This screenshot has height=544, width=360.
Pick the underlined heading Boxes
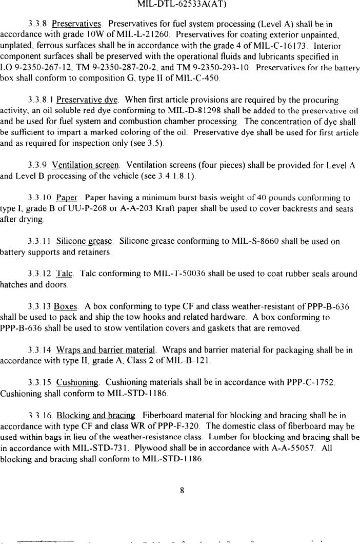point(66,307)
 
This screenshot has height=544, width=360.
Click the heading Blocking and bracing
point(96,415)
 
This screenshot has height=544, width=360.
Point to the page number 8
point(182,490)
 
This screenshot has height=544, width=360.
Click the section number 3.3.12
point(39,274)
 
